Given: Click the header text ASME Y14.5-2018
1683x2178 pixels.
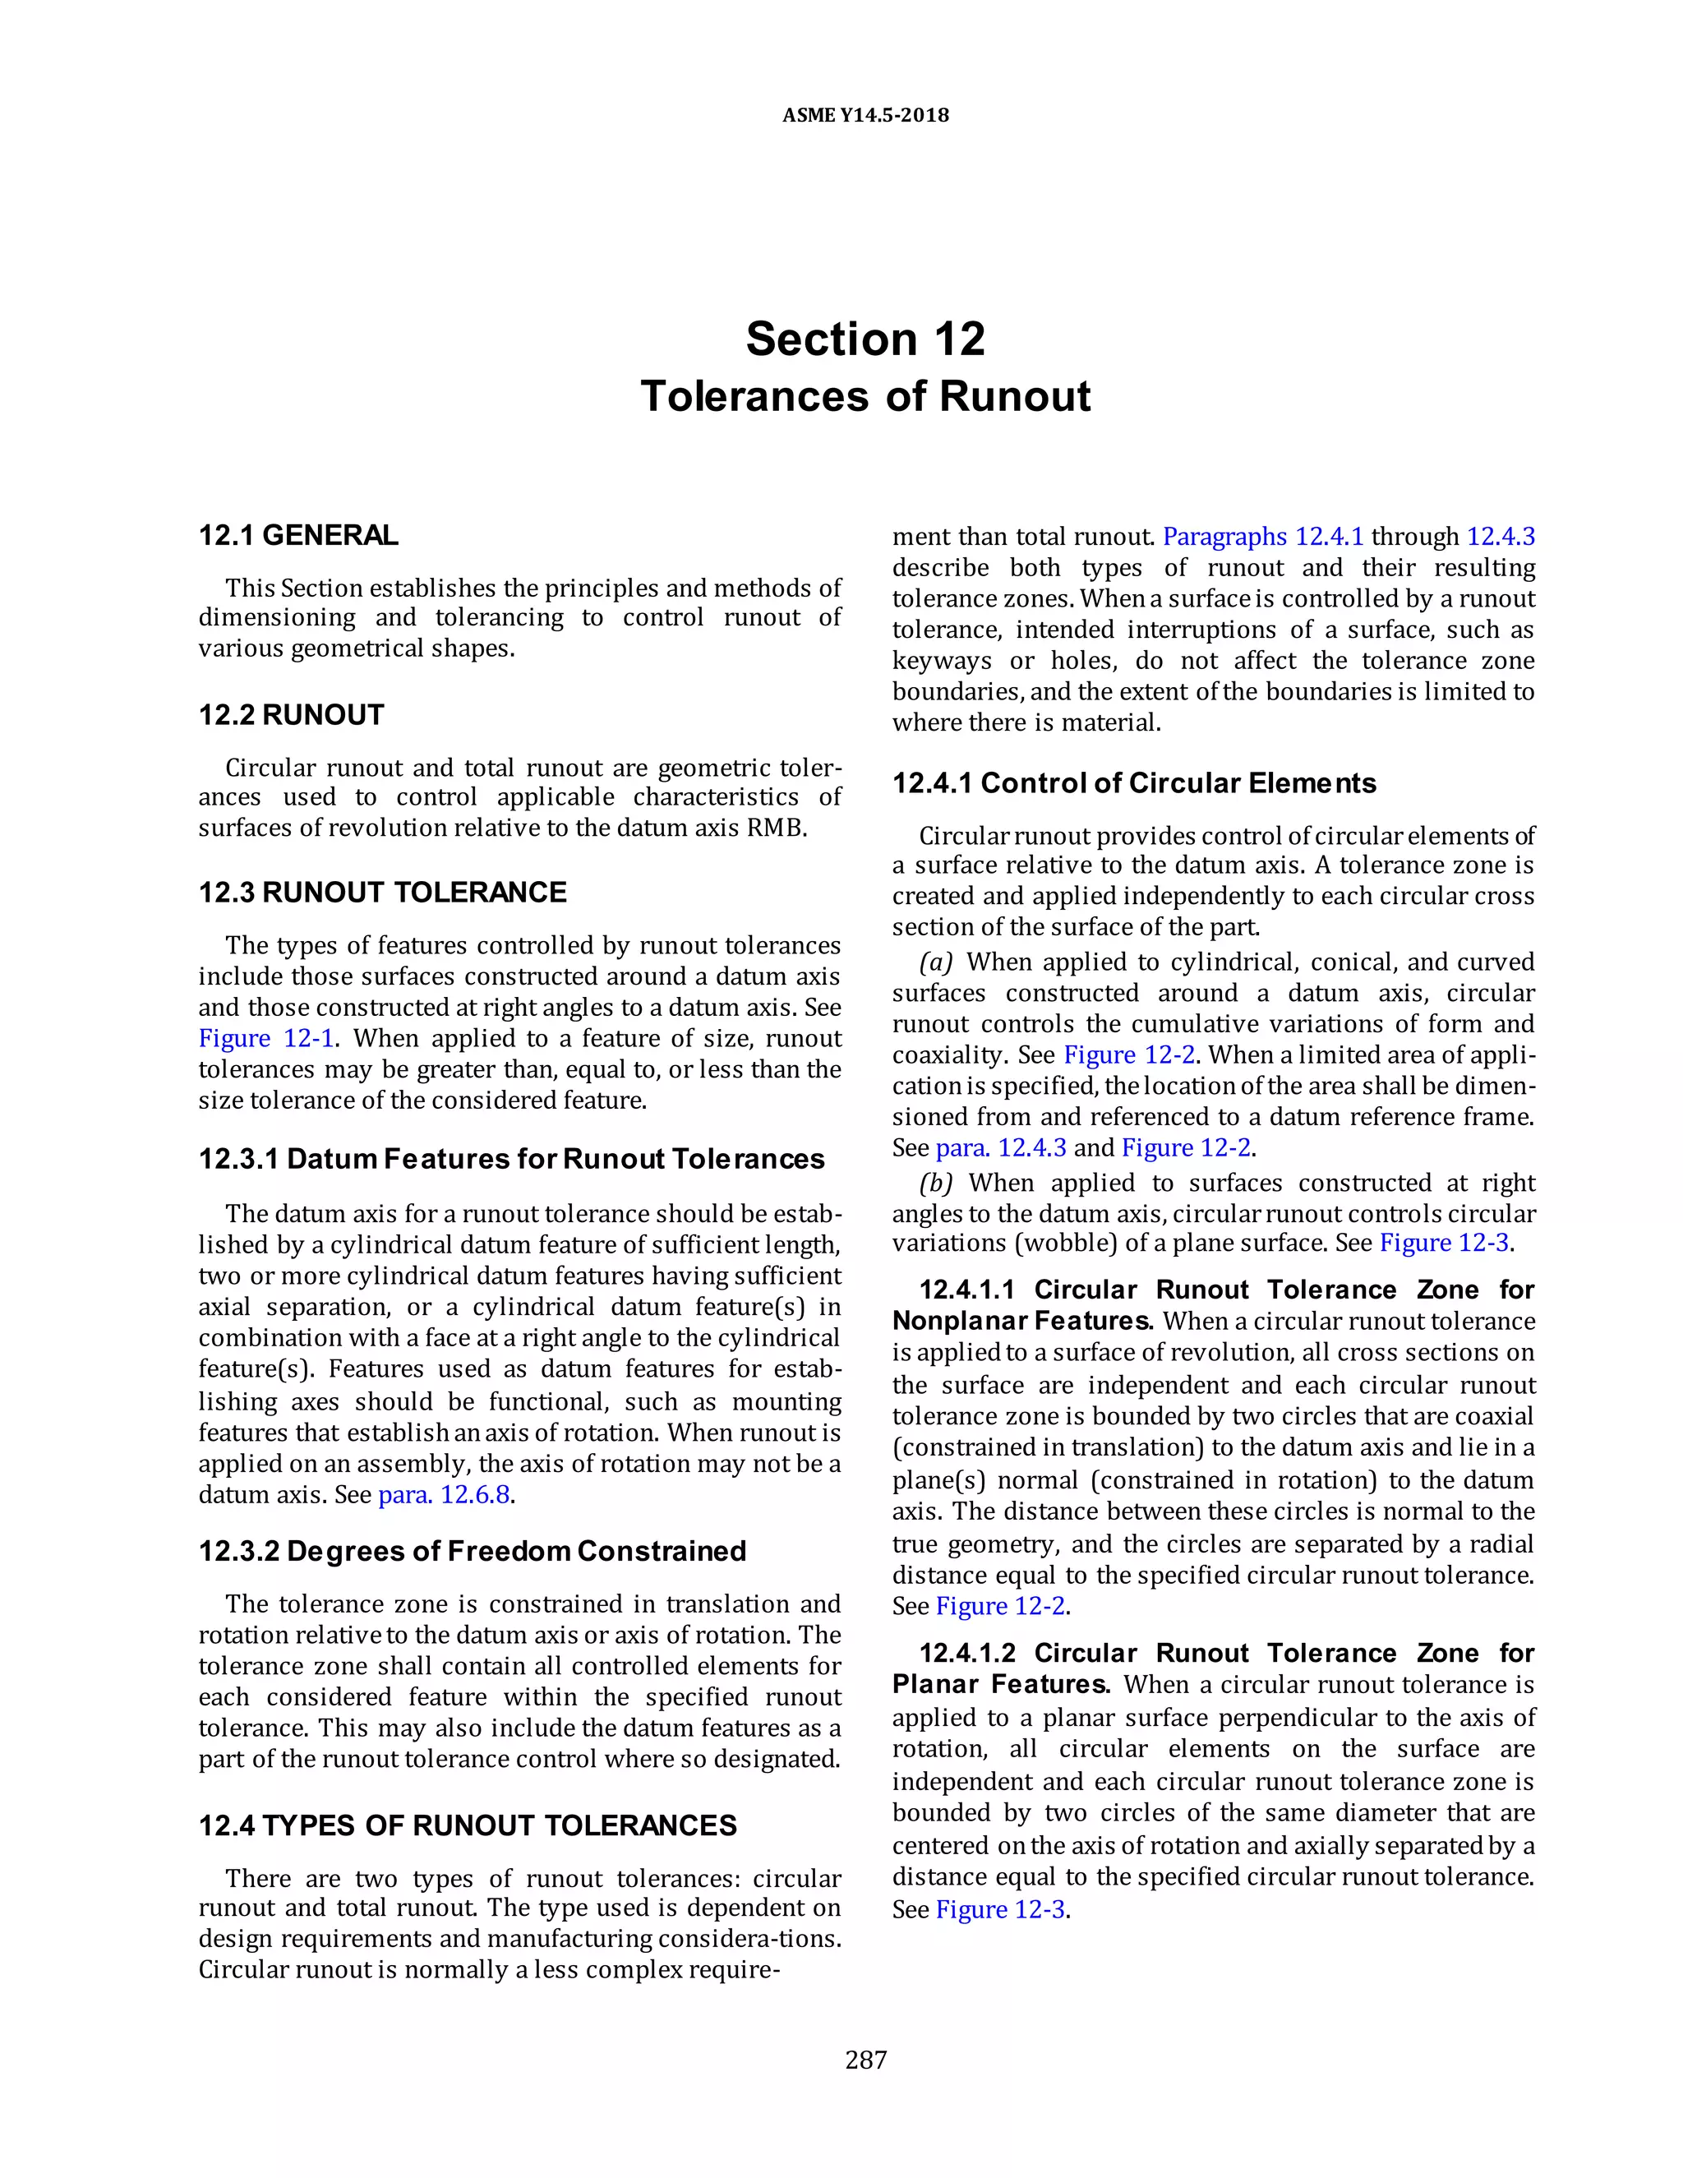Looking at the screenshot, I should [865, 115].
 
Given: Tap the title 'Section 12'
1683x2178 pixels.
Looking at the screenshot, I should [865, 339].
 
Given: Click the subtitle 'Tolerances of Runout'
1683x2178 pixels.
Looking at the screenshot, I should [865, 397].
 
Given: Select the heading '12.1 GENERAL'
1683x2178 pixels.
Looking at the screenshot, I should [298, 536].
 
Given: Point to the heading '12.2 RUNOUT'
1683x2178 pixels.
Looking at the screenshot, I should [291, 715].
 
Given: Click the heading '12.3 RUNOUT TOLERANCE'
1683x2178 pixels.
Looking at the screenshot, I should [382, 893].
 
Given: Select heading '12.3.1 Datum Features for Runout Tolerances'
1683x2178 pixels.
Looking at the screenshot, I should [511, 1159].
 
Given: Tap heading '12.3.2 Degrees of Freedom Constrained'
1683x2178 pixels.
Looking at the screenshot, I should [472, 1552].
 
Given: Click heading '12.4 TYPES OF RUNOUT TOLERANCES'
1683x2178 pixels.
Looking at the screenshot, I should [467, 1826].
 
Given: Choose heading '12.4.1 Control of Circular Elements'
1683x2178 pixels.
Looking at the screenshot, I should [1133, 782].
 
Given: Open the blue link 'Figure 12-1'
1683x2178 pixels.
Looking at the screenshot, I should [265, 1038].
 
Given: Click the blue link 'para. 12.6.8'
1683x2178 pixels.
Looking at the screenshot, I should [445, 1495].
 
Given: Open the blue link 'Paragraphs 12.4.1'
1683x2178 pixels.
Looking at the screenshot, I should [1262, 537].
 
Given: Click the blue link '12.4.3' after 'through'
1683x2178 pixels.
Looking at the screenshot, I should [1501, 537].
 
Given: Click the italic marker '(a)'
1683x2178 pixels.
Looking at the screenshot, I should [936, 962].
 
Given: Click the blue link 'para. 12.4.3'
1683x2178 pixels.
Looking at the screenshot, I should [1000, 1148].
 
